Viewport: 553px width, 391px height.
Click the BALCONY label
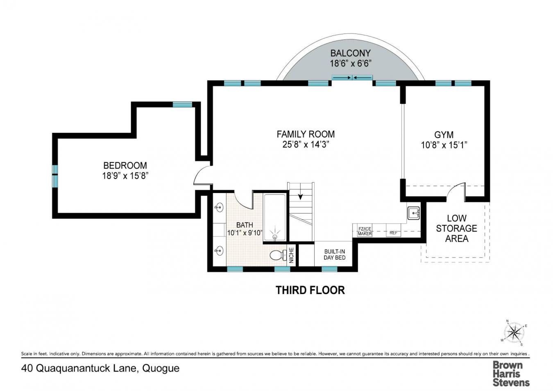(350, 53)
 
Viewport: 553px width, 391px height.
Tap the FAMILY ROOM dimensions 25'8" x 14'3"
(306, 144)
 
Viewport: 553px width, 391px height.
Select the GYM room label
(444, 135)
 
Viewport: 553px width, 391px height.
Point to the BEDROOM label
(125, 166)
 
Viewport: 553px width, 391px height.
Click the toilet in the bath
(277, 255)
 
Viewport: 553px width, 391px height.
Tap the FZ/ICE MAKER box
(365, 231)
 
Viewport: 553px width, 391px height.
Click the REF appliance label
(393, 233)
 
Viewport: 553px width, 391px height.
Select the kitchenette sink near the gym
(413, 213)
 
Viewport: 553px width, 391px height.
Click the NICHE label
(291, 255)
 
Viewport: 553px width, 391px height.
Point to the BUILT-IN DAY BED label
(334, 254)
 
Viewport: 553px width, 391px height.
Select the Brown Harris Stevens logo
(510, 373)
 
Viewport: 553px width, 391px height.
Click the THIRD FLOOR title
(310, 290)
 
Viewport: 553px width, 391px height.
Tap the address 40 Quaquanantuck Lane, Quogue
(100, 368)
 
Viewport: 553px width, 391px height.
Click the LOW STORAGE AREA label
(456, 228)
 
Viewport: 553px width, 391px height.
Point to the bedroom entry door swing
(201, 177)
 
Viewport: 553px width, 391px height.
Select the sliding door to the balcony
(352, 78)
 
